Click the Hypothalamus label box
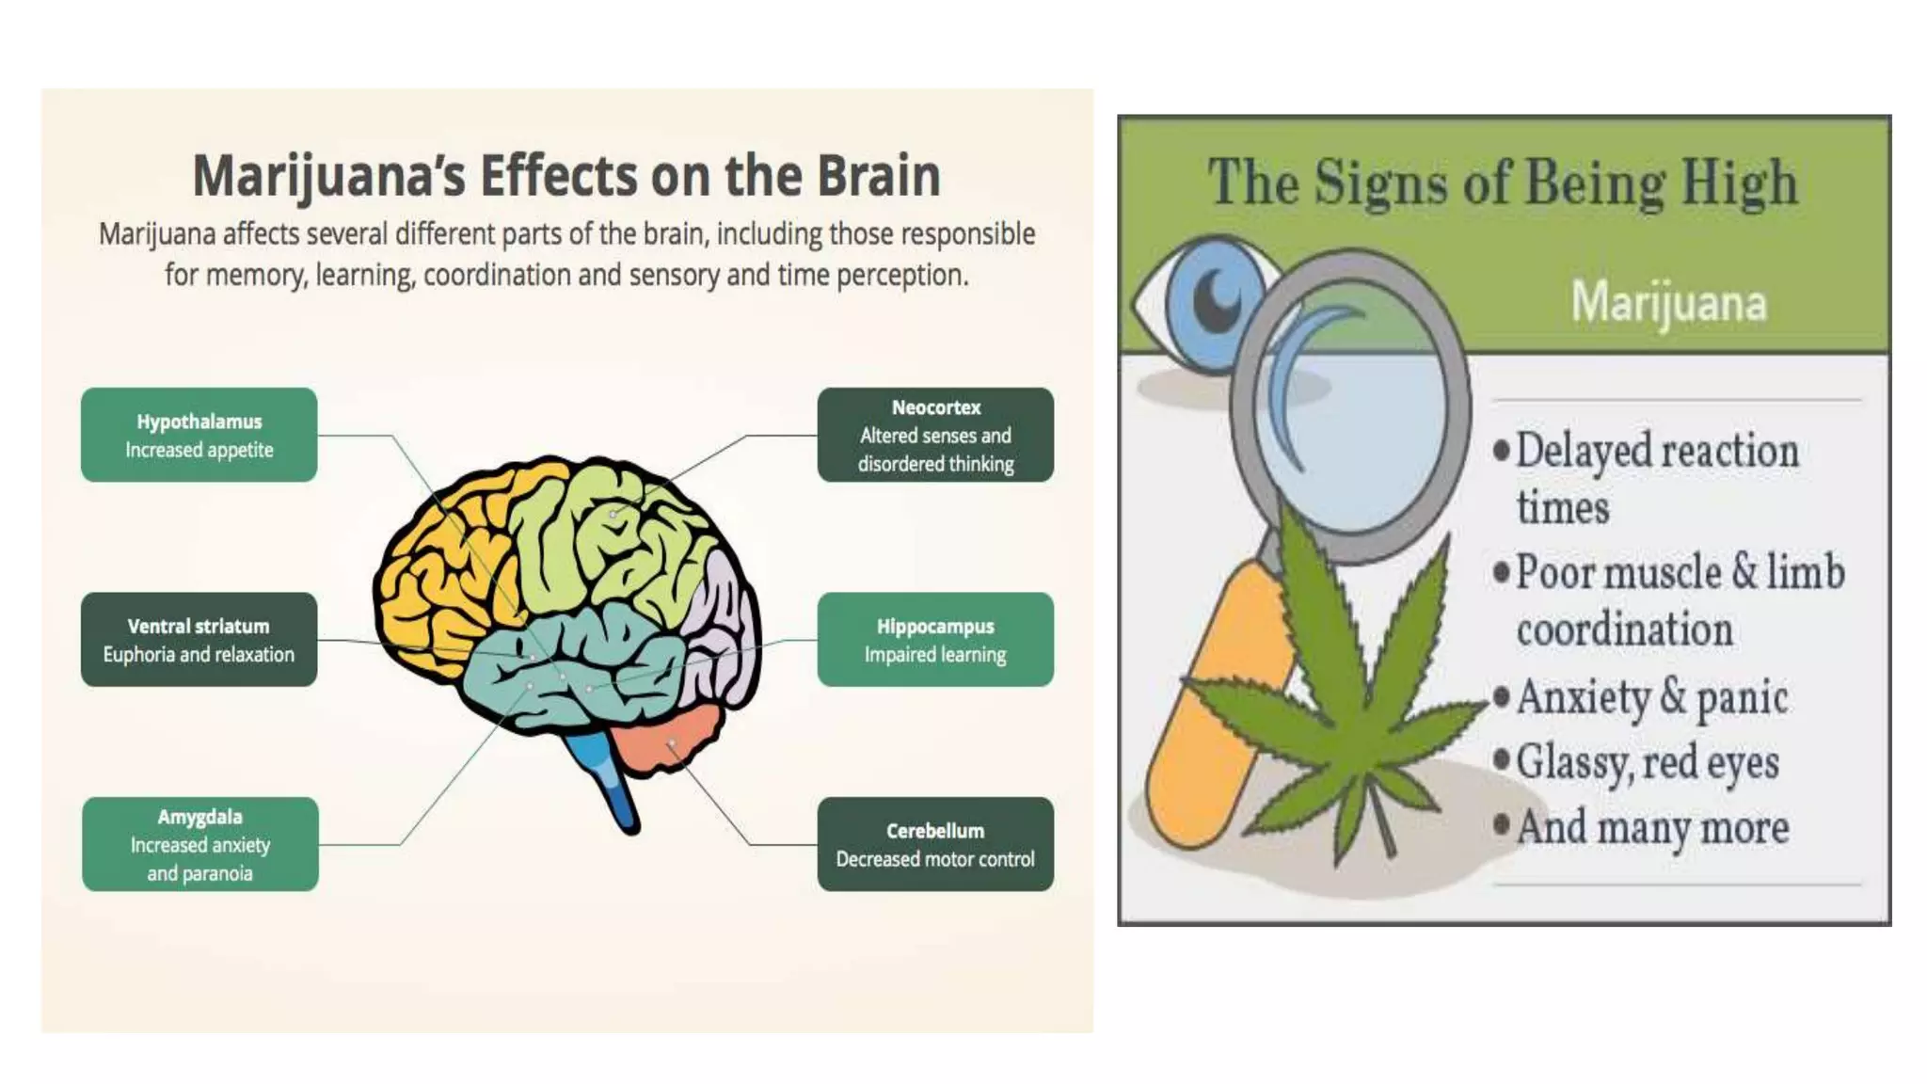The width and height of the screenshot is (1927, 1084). (x=199, y=435)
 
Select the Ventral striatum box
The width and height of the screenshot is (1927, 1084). (x=199, y=640)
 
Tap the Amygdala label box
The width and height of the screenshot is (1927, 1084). (x=199, y=844)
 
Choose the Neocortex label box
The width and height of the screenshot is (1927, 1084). (x=935, y=435)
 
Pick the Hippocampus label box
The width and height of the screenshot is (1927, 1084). (x=935, y=640)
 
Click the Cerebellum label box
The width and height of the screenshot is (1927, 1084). (x=935, y=844)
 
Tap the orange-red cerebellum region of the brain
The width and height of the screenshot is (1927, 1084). (x=668, y=739)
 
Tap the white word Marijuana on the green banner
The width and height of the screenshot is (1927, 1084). (x=1668, y=303)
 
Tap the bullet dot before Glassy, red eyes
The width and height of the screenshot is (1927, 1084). (x=1502, y=758)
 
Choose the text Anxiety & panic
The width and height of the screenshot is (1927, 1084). (x=1651, y=698)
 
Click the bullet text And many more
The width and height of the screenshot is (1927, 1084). (x=1652, y=828)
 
